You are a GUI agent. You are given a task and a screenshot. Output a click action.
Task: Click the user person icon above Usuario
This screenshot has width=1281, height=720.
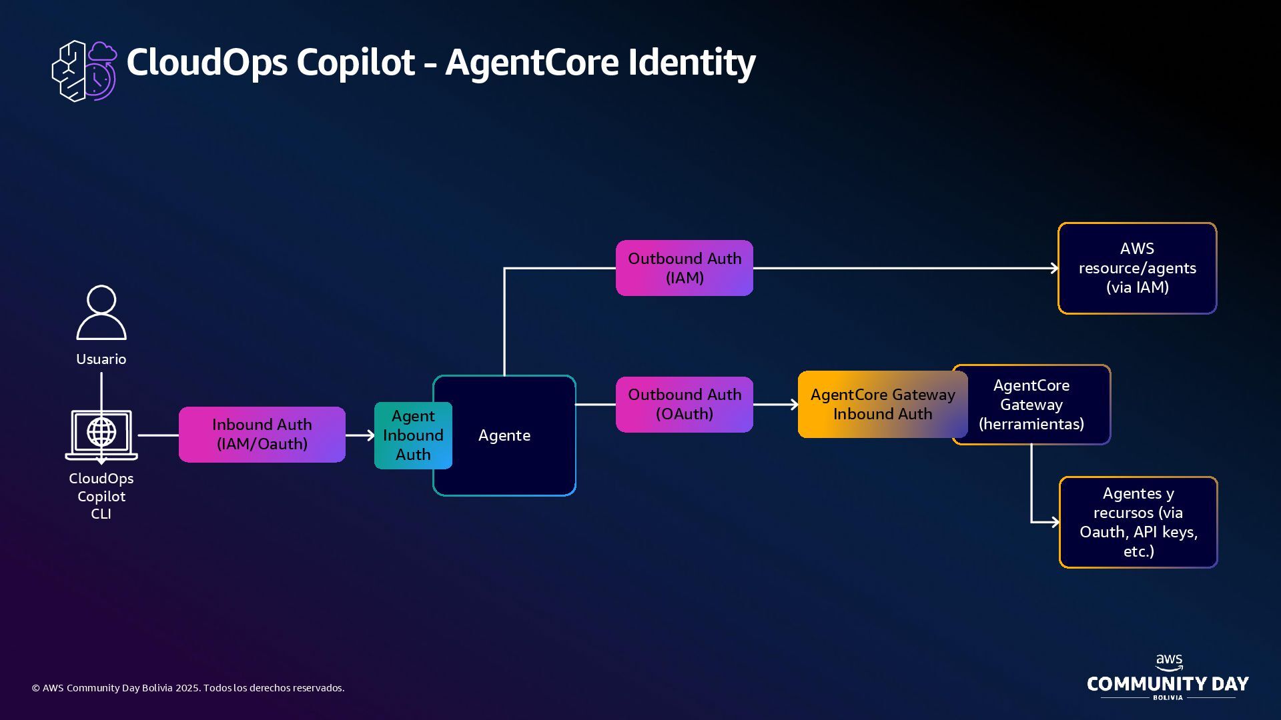(x=101, y=313)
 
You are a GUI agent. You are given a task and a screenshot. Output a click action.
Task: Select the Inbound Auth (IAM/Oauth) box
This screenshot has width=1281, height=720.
(x=262, y=435)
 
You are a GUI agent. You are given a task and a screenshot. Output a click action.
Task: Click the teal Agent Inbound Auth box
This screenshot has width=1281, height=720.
(x=413, y=435)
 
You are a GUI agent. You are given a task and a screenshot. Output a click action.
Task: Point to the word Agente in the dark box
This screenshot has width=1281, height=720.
(x=504, y=435)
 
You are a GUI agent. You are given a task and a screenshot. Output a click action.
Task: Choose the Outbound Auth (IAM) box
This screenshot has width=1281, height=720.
(x=685, y=268)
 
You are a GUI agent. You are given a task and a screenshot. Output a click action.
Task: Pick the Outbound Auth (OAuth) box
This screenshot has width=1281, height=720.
(x=685, y=405)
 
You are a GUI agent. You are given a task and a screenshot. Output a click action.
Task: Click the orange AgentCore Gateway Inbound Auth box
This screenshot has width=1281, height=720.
(x=882, y=405)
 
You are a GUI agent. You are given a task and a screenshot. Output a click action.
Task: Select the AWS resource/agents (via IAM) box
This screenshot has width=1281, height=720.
(x=1138, y=268)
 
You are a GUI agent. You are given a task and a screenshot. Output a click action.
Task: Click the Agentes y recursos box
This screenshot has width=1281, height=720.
(x=1138, y=522)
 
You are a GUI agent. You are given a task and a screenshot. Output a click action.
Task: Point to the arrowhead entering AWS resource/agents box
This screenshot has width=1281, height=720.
(x=1055, y=268)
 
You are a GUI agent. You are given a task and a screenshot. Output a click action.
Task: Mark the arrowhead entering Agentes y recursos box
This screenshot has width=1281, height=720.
(x=1055, y=522)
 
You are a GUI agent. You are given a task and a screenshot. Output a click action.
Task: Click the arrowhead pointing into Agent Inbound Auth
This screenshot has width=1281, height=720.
(x=370, y=435)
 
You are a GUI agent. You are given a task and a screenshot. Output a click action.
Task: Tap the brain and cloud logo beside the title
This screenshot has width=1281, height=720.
(x=85, y=71)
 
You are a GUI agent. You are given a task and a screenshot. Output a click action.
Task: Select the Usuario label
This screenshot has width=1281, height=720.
(x=101, y=359)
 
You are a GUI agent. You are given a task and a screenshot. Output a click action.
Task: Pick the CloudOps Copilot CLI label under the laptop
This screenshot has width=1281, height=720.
(x=101, y=496)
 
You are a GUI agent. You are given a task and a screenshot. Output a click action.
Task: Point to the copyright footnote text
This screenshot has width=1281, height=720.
(x=188, y=688)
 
